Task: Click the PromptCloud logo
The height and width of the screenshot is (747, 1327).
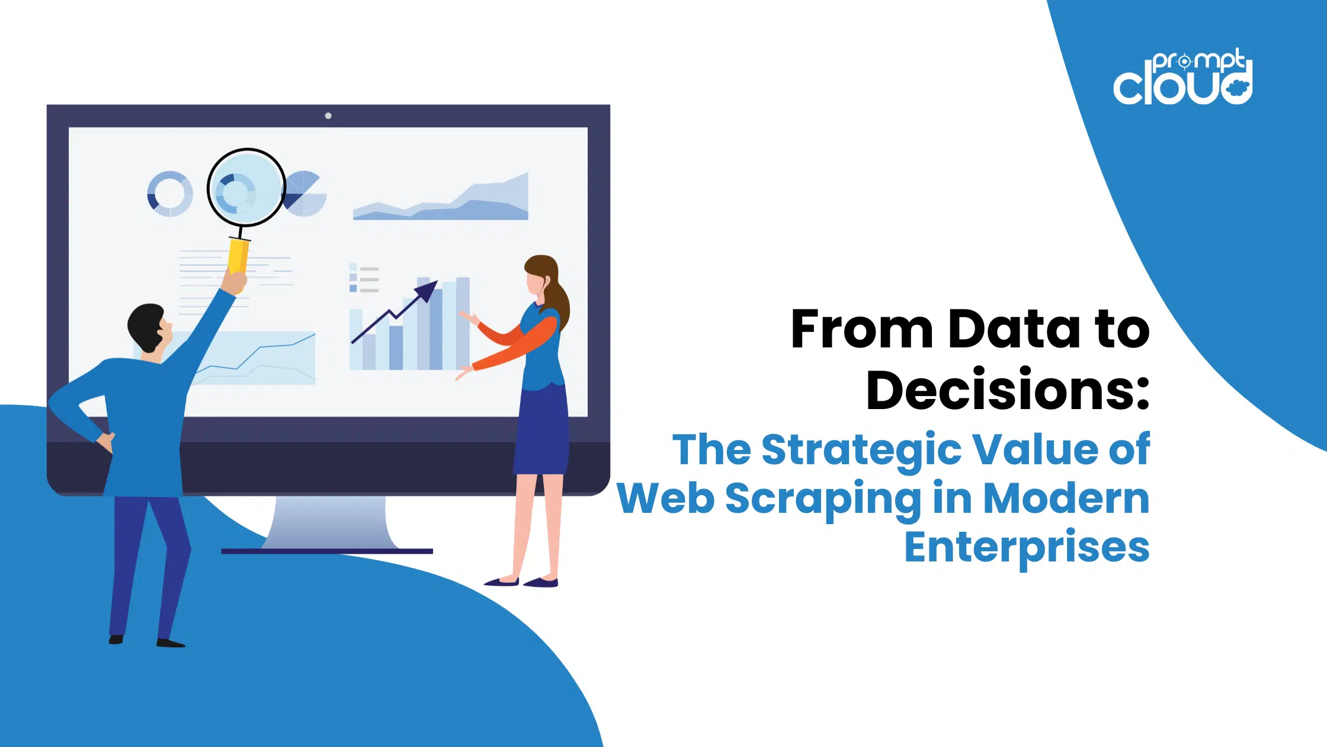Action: coord(1183,77)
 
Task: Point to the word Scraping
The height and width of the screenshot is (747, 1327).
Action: coord(823,499)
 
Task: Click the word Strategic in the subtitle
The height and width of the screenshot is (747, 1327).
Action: coord(861,451)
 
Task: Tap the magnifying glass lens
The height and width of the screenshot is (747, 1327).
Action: coord(246,187)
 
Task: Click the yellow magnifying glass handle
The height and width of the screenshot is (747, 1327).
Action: coord(238,255)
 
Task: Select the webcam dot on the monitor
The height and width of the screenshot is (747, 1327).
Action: coord(328,116)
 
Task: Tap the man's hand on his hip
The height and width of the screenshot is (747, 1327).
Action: coord(106,442)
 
